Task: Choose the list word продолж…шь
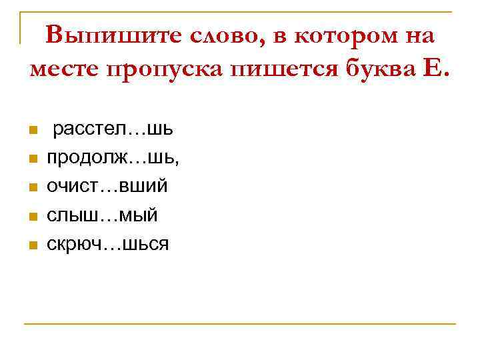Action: coord(112,157)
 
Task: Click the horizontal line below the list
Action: coord(240,324)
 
